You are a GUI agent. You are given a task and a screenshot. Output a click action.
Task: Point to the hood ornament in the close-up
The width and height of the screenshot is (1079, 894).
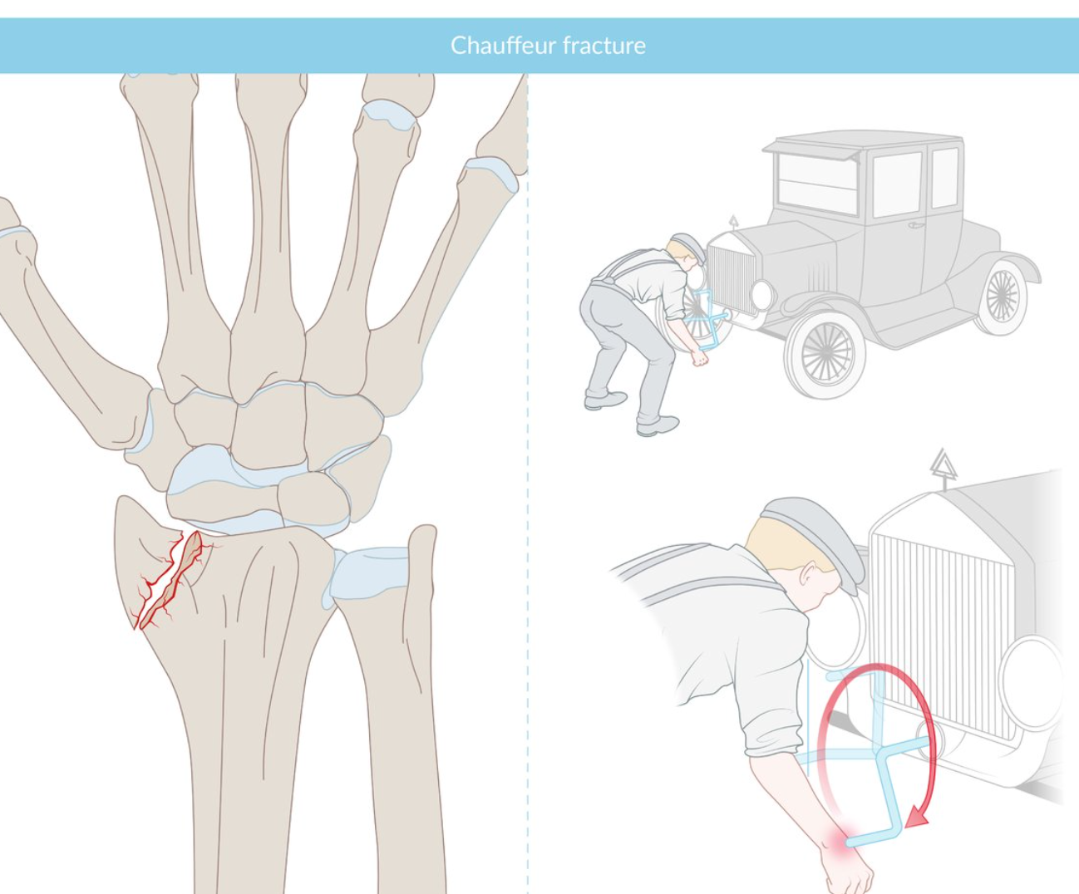coord(943,466)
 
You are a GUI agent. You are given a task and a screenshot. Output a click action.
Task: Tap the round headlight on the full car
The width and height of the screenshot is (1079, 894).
coord(761,295)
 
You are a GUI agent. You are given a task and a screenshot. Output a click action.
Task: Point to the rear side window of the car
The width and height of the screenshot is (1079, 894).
coord(944,177)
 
